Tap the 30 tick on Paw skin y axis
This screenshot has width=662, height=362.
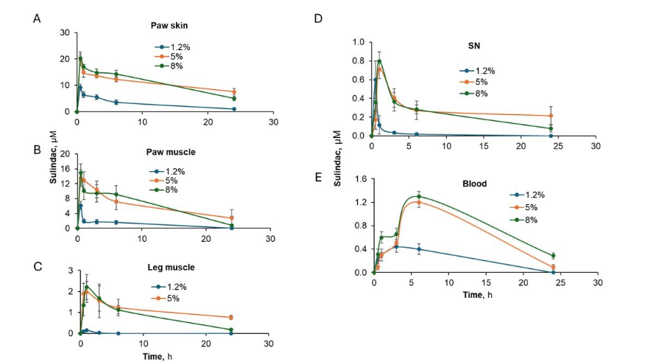point(65,33)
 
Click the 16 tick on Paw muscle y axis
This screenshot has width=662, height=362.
point(65,169)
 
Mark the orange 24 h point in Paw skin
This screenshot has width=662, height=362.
point(233,91)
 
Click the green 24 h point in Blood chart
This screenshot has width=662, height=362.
point(553,256)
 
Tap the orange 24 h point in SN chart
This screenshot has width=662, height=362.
point(551,116)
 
